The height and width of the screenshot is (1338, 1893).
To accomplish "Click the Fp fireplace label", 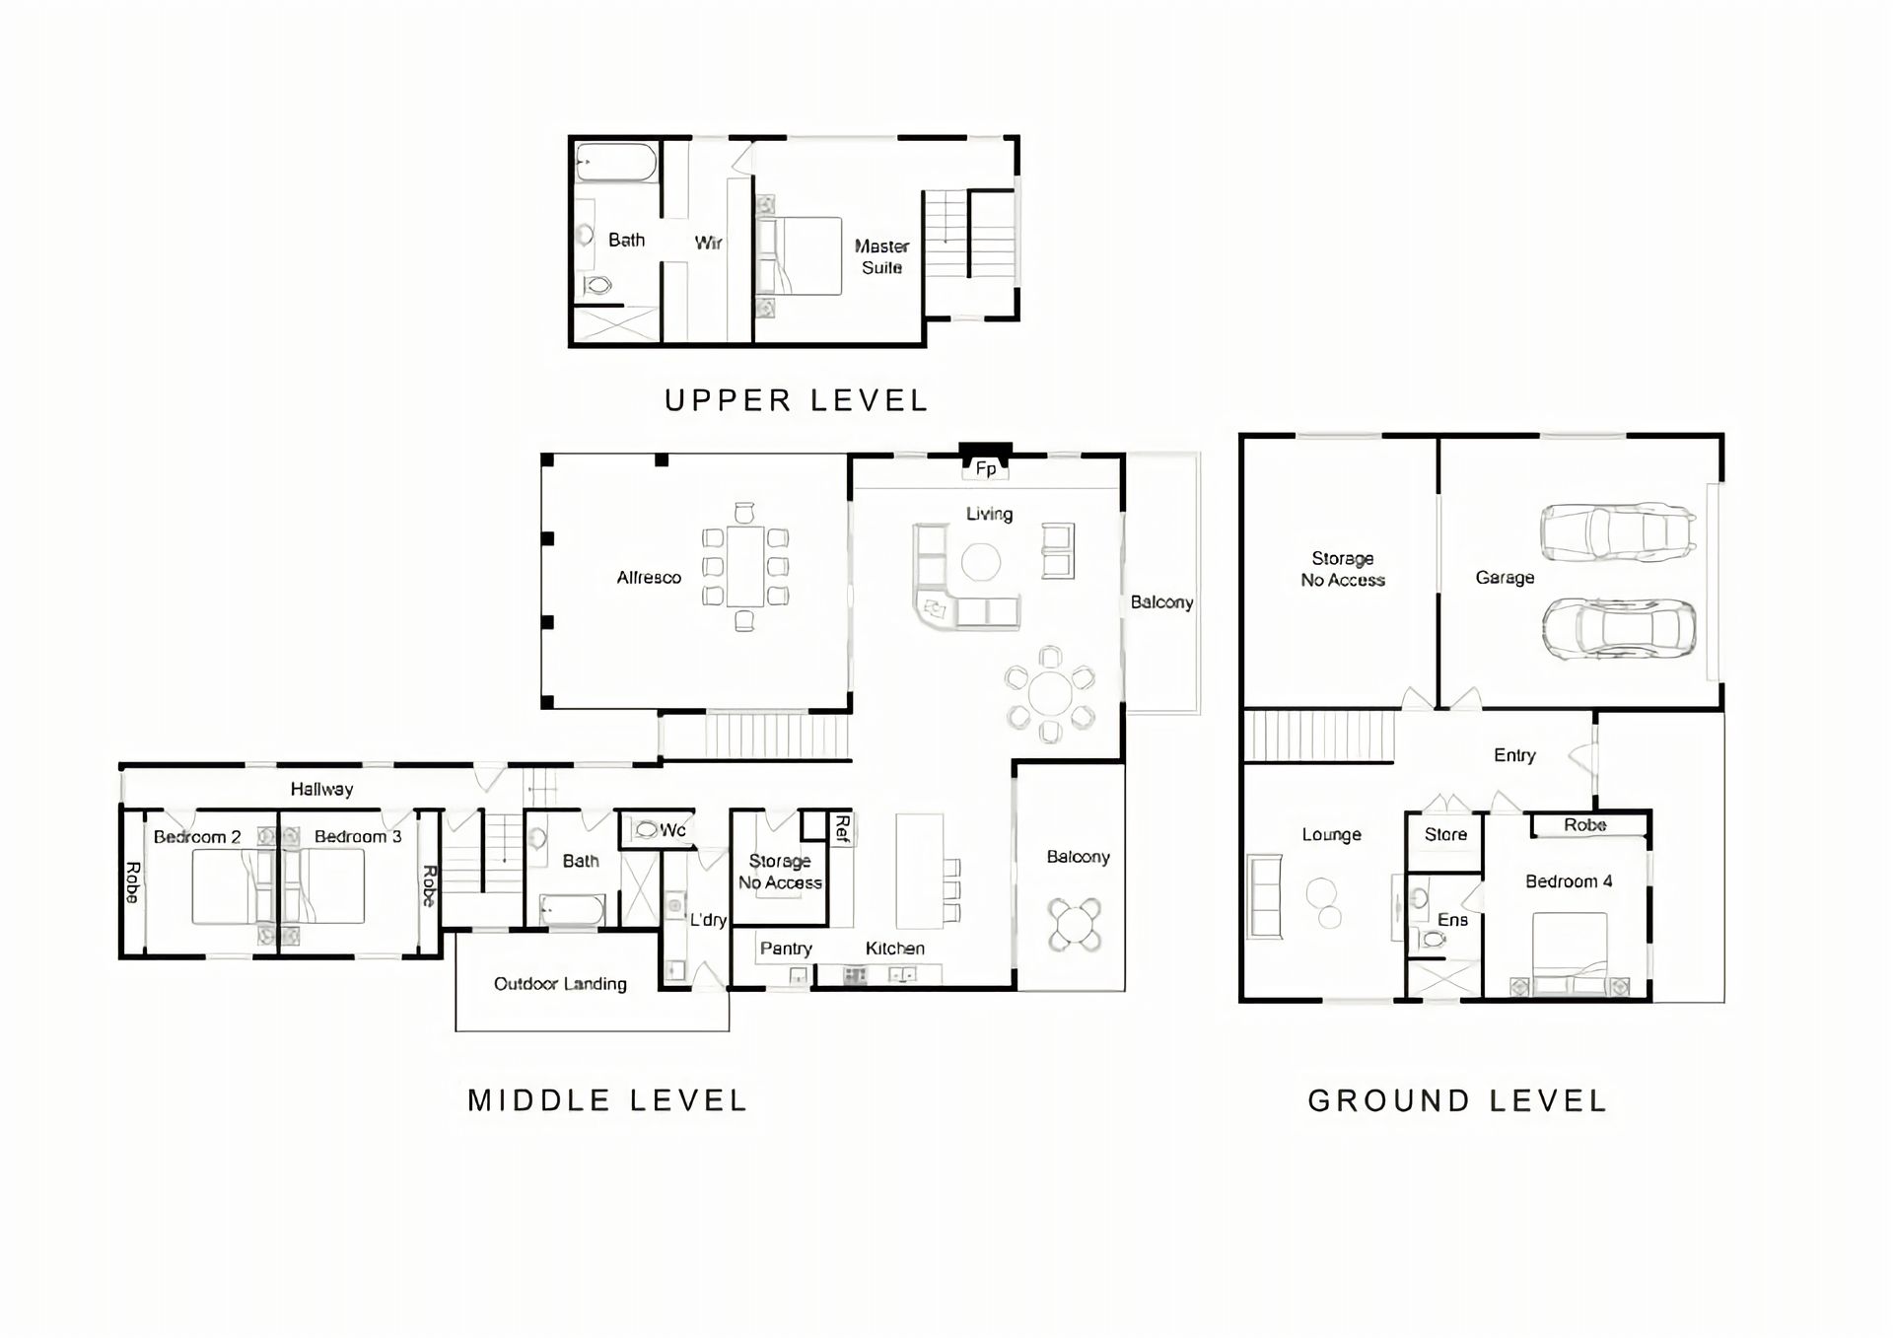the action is click(986, 469).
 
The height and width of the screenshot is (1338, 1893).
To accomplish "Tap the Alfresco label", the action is click(649, 578).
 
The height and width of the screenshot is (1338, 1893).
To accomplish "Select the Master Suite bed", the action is click(800, 255).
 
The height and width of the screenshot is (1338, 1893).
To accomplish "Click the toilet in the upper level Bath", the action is click(596, 286).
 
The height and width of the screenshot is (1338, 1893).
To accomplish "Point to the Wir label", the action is click(708, 243).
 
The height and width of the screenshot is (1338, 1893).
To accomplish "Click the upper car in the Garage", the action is click(1618, 532).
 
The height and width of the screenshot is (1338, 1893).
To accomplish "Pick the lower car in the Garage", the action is click(1619, 628).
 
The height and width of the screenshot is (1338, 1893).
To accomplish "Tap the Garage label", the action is click(1505, 578).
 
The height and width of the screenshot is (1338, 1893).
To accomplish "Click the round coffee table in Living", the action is click(981, 563).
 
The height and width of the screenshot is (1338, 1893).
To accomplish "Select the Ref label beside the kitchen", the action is click(842, 828).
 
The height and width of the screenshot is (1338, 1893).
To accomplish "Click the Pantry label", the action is click(786, 949).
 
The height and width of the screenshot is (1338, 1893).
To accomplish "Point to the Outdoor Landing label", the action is click(560, 984).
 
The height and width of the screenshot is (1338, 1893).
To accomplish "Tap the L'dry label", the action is click(708, 920).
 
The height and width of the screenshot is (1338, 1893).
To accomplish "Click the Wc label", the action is click(672, 830).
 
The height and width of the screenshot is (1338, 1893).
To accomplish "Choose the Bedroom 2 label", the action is click(197, 837).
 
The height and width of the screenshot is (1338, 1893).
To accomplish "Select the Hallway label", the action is click(321, 789).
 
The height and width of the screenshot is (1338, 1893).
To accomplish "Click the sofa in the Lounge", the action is click(1265, 896).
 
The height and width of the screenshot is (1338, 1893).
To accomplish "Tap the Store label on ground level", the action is click(1445, 834).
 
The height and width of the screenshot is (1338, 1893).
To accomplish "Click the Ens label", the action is click(1452, 920).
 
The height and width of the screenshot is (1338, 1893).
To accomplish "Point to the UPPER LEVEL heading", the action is click(797, 400).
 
